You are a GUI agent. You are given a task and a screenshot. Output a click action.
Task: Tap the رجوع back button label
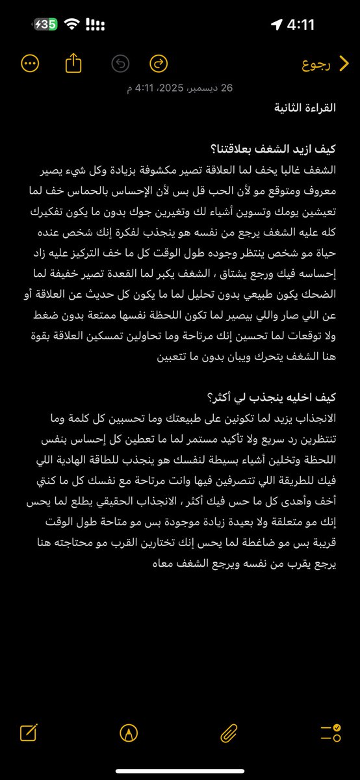[318, 64]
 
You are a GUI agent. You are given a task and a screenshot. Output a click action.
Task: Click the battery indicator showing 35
[46, 25]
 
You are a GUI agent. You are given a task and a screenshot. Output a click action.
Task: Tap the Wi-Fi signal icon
[72, 25]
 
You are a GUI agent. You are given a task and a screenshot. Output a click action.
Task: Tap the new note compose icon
[29, 734]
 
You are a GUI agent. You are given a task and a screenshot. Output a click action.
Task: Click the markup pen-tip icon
[129, 734]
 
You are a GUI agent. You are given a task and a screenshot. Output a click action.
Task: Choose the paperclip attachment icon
[228, 734]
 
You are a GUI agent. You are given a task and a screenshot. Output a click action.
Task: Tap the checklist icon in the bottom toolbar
[330, 734]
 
